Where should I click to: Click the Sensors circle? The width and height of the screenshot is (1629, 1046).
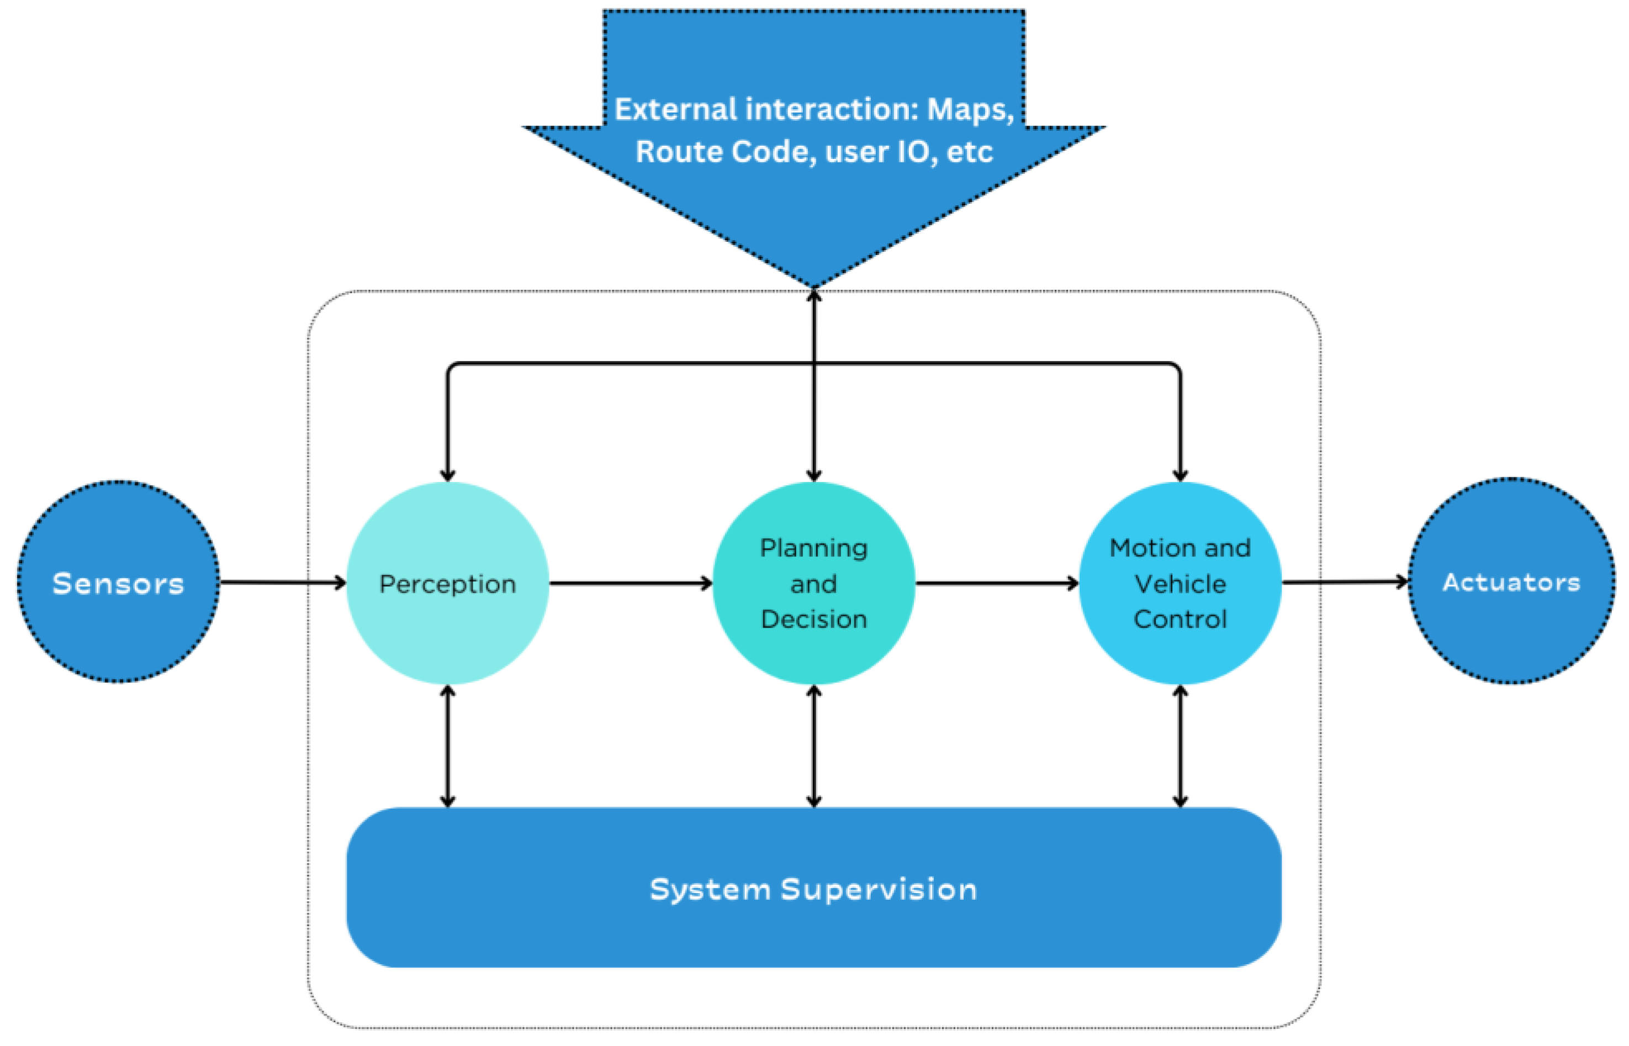(x=118, y=582)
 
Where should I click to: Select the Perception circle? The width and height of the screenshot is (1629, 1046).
(x=448, y=583)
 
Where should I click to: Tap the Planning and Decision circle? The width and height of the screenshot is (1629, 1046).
(x=814, y=583)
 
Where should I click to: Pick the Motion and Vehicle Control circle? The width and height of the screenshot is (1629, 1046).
(x=1180, y=583)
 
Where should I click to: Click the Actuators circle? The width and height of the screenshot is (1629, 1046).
(x=1511, y=581)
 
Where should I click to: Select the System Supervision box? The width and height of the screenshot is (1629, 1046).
(x=814, y=888)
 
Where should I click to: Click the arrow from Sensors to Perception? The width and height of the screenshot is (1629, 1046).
(x=283, y=582)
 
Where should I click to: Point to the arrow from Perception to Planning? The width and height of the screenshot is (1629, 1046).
(x=631, y=583)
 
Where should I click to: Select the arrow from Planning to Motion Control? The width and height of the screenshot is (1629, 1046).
(x=997, y=583)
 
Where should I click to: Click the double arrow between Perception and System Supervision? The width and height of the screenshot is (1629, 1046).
(x=448, y=746)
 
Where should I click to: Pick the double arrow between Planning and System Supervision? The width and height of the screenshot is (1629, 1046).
(x=814, y=746)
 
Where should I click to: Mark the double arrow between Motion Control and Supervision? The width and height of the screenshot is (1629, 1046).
(x=1180, y=746)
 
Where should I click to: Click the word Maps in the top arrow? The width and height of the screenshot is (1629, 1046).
(x=970, y=110)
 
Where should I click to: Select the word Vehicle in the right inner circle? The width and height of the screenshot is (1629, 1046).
(x=1180, y=583)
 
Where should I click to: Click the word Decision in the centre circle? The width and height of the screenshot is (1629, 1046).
(x=814, y=619)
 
